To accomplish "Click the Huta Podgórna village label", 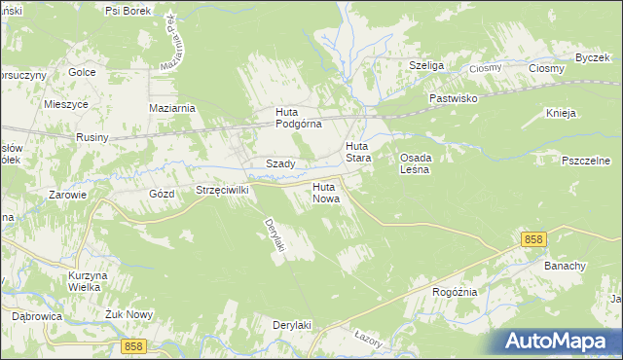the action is [x=292, y=118].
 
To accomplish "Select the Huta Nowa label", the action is [x=325, y=192].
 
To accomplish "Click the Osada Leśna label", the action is [x=417, y=162].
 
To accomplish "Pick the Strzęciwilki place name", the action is [x=223, y=191].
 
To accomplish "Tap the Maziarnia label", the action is [x=172, y=108].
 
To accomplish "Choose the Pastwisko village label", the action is [x=456, y=99].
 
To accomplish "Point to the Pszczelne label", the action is [x=585, y=159].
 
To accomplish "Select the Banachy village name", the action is [x=565, y=266].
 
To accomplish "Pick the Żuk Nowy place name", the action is [x=100, y=315].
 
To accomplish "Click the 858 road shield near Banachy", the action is [x=532, y=239].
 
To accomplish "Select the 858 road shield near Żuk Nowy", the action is [x=135, y=345].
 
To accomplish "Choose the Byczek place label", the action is [x=592, y=57].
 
